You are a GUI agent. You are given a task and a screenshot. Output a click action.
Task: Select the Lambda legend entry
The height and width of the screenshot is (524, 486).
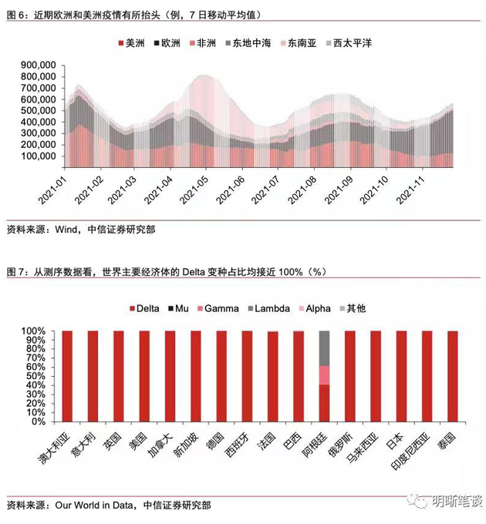tap(268, 308)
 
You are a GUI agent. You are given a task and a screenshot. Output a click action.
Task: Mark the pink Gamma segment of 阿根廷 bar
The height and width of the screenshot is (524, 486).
tap(324, 375)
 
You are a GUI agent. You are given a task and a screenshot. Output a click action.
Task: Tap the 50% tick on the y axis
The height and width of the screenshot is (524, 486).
tap(35, 377)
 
